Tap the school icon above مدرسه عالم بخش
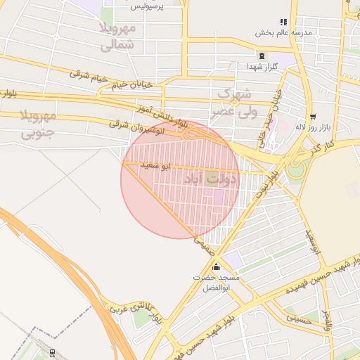pyautogui.click(x=283, y=22)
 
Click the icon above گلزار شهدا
pyautogui.click(x=262, y=56)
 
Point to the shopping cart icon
pyautogui.click(x=312, y=117)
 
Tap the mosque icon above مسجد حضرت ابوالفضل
pyautogui.click(x=215, y=267)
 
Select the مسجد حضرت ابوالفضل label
pyautogui.click(x=216, y=283)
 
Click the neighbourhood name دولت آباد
pyautogui.click(x=211, y=179)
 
